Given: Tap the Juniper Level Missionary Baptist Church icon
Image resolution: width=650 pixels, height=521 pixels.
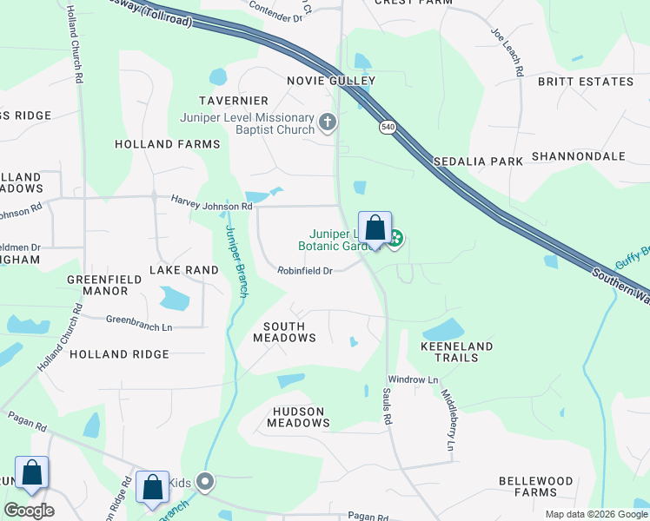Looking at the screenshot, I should coord(328,122).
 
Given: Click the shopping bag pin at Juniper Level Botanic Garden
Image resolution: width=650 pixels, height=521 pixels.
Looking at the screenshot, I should coord(375,229).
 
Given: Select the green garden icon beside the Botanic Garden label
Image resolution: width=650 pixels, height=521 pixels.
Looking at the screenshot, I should coord(395,238).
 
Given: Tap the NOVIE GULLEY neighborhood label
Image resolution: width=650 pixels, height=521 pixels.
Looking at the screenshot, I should coord(331,81).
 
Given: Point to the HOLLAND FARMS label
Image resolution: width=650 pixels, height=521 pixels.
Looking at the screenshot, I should coord(168,144).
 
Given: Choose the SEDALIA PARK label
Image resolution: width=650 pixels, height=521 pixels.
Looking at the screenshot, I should coord(479,162).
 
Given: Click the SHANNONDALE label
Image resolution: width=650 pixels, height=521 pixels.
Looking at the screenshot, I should coord(578,156).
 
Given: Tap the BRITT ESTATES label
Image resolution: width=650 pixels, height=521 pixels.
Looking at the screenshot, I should coord(586,82).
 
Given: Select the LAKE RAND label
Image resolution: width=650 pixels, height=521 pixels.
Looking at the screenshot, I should coord(183,270).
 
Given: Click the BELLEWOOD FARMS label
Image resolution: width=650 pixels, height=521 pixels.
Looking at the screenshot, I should coord(536,486).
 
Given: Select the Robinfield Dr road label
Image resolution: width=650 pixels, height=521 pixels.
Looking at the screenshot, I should coord(305,271).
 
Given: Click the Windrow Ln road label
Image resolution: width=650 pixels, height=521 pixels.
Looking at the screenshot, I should coord(413,379).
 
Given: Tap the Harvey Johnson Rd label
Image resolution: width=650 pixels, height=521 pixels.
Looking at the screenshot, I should coord(211,206).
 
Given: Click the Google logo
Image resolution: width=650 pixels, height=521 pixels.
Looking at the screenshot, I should coord(29,511).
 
